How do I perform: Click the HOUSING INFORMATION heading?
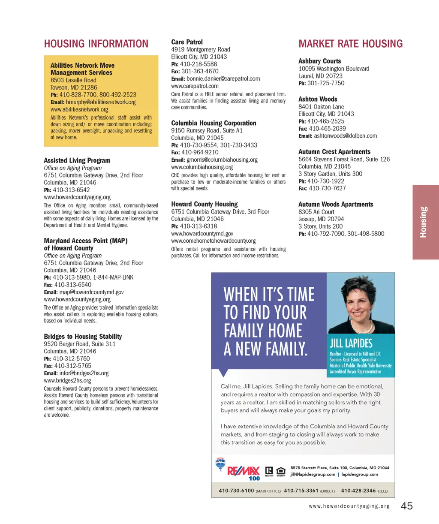(x=96, y=44)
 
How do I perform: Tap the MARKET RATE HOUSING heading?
(x=350, y=44)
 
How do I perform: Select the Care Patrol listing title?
(x=187, y=42)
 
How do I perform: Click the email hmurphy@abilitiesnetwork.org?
(x=101, y=102)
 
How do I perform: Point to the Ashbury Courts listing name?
(x=319, y=61)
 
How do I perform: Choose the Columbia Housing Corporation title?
(x=213, y=123)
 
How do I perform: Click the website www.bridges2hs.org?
(x=67, y=380)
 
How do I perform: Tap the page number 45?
(x=406, y=506)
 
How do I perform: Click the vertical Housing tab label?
(x=424, y=222)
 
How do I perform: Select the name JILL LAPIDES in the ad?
(x=351, y=343)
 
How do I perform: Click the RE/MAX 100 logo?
(x=244, y=473)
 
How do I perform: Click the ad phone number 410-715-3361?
(x=301, y=491)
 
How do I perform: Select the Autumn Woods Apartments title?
(x=336, y=205)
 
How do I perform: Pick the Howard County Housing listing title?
(x=204, y=204)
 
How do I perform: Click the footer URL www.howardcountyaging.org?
(x=349, y=506)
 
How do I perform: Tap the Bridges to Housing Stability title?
(x=83, y=337)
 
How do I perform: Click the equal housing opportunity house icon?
(x=281, y=471)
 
